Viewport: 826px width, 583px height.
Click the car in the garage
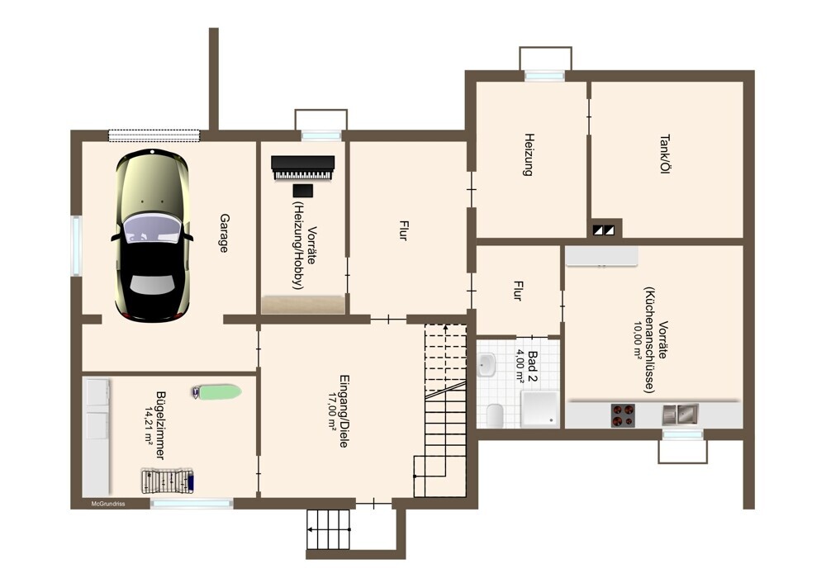click(x=152, y=235)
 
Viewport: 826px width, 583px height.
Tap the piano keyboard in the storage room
click(x=302, y=168)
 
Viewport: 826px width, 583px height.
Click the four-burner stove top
click(x=623, y=415)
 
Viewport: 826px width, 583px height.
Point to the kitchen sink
click(x=680, y=415)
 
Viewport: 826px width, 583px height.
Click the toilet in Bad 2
click(x=495, y=415)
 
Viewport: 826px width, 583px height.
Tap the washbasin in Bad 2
click(x=487, y=364)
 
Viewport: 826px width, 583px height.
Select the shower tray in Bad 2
click(x=539, y=409)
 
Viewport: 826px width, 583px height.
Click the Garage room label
click(x=224, y=233)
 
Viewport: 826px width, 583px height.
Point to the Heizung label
click(x=529, y=154)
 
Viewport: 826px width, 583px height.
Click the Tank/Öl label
click(x=665, y=154)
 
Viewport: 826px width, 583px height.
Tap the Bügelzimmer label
click(x=160, y=425)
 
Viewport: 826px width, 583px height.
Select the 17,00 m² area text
click(x=332, y=412)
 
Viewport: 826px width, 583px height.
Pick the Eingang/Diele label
click(x=344, y=411)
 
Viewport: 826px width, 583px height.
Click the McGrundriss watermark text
click(x=108, y=504)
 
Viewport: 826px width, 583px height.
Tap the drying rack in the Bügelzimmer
click(x=168, y=481)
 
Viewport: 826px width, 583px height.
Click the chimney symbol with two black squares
click(x=604, y=230)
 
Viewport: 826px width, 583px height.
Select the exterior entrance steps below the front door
click(x=329, y=529)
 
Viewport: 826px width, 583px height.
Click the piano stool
click(x=303, y=191)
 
